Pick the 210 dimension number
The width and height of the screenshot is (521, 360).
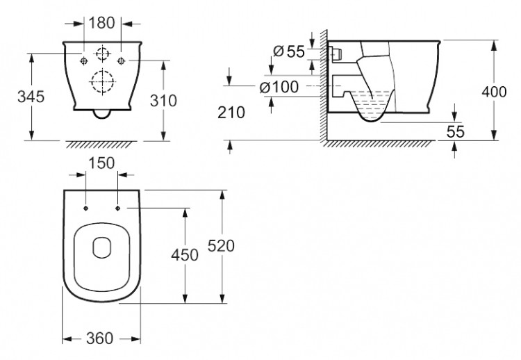(x=231, y=113)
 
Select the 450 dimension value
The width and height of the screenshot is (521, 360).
(x=185, y=254)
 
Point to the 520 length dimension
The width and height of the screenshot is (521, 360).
(x=222, y=245)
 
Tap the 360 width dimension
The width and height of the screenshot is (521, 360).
(x=100, y=339)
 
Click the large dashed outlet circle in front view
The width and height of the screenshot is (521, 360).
(x=102, y=83)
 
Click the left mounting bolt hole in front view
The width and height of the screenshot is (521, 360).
(x=84, y=60)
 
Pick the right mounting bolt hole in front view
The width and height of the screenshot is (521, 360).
(x=121, y=60)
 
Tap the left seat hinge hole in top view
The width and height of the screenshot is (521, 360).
(x=85, y=207)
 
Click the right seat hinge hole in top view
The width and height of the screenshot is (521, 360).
(x=117, y=207)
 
